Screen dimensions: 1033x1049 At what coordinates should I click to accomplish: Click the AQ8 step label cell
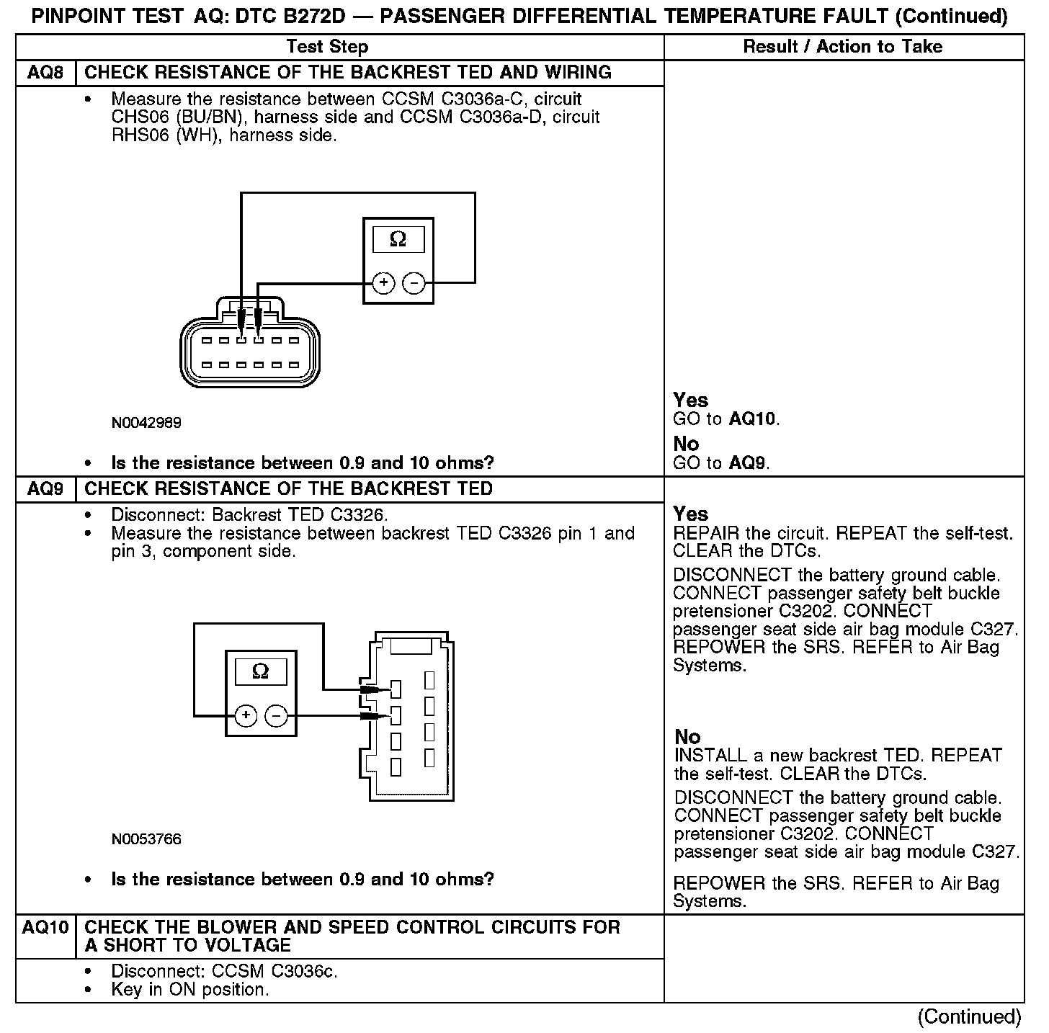pos(45,73)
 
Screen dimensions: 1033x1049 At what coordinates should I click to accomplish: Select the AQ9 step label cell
pos(45,489)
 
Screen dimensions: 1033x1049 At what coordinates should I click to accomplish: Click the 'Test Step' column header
pos(327,47)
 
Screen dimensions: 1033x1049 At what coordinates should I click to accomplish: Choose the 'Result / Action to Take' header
pos(842,47)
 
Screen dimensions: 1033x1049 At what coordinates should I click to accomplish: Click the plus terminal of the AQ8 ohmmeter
pos(384,283)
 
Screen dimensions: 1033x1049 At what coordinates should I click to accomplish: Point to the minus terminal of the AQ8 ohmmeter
pos(414,283)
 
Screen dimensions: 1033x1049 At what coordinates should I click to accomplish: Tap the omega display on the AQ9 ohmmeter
pos(261,672)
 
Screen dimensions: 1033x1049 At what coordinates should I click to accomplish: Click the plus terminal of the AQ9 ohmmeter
pos(246,715)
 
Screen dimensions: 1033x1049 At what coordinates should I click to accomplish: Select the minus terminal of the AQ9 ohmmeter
pos(277,715)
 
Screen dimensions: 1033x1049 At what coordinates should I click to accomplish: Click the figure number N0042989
pos(146,423)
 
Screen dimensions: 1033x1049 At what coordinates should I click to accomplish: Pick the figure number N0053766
pos(146,839)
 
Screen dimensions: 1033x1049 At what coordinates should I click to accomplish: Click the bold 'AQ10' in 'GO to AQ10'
pos(753,419)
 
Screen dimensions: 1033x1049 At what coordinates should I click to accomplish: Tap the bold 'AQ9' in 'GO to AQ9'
pos(748,462)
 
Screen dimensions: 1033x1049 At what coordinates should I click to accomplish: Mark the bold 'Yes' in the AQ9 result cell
pos(690,514)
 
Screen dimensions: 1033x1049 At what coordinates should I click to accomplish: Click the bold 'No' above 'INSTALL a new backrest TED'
pos(687,737)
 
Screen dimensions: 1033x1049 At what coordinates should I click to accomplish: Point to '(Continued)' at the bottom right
pos(969,1016)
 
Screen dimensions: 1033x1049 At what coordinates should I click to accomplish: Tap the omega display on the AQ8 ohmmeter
pos(398,240)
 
